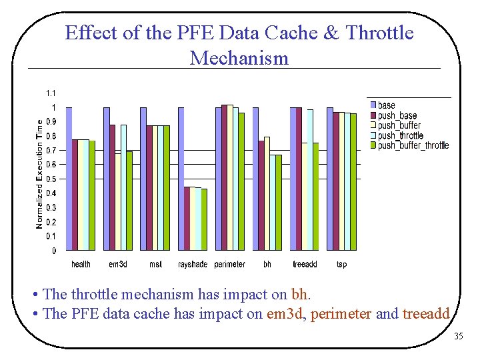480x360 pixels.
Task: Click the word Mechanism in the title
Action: coord(239,57)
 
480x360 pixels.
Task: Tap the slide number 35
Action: coord(458,336)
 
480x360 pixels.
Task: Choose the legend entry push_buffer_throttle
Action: coord(413,145)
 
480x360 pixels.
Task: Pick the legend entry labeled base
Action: coord(386,105)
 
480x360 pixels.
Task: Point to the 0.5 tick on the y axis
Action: coord(51,179)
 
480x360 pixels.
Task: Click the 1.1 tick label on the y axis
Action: coord(51,93)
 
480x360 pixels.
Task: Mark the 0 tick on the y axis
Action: coord(54,251)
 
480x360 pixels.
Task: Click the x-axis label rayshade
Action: coord(193,265)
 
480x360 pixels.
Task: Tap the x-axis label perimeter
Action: coord(229,265)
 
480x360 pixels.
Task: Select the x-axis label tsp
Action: coord(341,265)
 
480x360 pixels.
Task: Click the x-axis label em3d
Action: coord(118,265)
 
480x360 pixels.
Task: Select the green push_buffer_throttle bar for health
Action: coord(92,195)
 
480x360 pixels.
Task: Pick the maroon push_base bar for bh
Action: coord(261,195)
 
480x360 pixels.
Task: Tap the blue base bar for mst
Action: coord(143,179)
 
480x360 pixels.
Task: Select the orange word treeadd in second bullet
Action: coord(427,313)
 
